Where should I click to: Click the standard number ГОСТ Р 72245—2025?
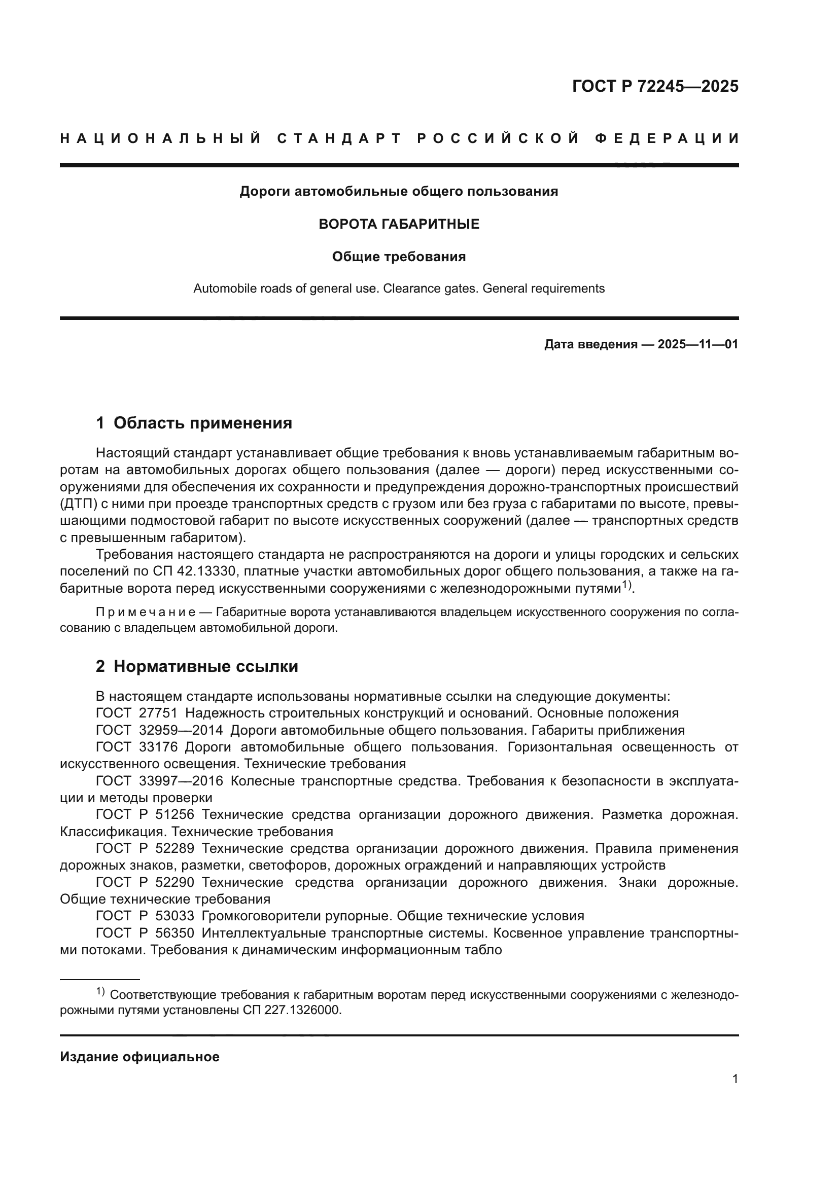655,86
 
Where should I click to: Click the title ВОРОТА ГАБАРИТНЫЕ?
399,224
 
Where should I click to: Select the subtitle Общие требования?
399,257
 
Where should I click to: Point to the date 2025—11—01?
697,344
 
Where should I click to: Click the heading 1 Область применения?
194,423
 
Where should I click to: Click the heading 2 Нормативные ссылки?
197,666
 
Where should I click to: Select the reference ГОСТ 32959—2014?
159,730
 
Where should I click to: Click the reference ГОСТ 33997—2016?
159,781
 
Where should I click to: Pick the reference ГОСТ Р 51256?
145,815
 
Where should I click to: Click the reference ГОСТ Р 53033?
145,916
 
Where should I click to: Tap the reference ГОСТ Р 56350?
145,933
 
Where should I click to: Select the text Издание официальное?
139,1057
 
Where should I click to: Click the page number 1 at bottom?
735,1079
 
